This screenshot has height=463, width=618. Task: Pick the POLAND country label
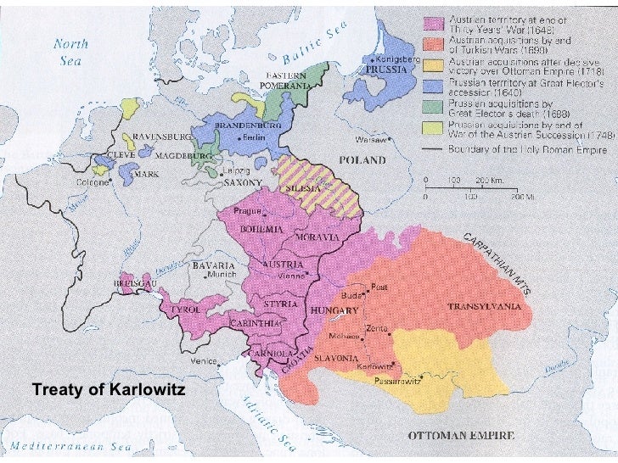(x=362, y=160)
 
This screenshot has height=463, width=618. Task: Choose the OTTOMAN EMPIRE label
(x=462, y=436)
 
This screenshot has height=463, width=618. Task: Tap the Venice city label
(x=202, y=361)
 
